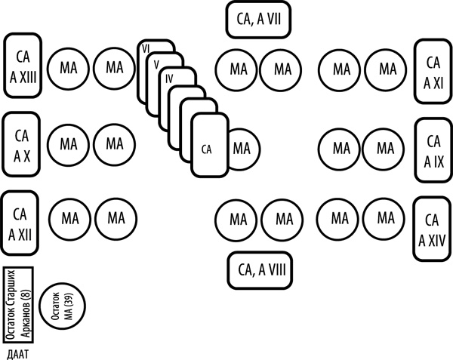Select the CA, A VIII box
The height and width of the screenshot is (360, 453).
pos(261,267)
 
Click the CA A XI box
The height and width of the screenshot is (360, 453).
pos(433,71)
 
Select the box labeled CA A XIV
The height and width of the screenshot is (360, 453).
pos(433,228)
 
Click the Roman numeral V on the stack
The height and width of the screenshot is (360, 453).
pos(156,64)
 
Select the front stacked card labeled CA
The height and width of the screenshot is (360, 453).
pos(208,147)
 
